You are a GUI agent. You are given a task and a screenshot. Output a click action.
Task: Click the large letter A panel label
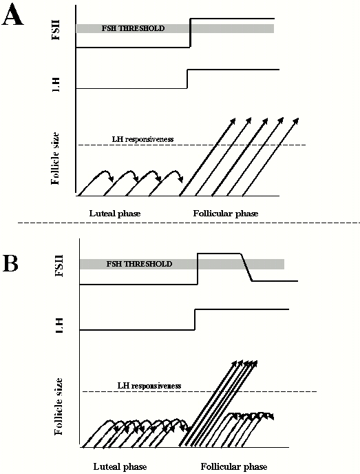tap(12, 15)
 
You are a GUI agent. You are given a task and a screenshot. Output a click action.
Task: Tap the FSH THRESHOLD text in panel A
tap(133, 28)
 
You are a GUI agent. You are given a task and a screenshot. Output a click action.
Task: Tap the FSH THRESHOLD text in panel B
tap(139, 264)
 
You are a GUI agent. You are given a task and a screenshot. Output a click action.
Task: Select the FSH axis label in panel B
tap(59, 266)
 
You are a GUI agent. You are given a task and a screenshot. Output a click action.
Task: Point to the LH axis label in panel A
tap(55, 84)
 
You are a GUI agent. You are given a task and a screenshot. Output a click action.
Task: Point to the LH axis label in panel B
tap(59, 326)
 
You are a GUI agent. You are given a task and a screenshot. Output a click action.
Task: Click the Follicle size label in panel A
tap(56, 158)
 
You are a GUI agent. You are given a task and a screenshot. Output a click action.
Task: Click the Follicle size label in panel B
tap(59, 406)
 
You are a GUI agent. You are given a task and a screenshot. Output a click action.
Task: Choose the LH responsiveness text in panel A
tap(143, 139)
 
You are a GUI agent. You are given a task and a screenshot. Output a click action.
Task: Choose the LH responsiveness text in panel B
tap(149, 386)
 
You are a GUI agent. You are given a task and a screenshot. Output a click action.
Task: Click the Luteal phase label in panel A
tap(115, 214)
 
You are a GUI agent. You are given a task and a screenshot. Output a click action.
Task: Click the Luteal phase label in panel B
tap(120, 466)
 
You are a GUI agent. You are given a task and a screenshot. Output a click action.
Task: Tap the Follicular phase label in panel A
tap(226, 214)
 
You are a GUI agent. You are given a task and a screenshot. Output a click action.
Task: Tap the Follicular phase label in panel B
tap(234, 466)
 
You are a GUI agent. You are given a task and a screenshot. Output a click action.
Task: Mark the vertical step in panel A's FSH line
tap(190, 33)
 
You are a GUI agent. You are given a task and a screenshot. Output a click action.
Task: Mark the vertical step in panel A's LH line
tap(187, 79)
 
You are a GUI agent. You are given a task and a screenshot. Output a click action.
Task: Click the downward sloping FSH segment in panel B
tap(246, 267)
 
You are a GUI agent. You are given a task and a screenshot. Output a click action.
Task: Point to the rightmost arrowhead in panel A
tap(296, 121)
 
